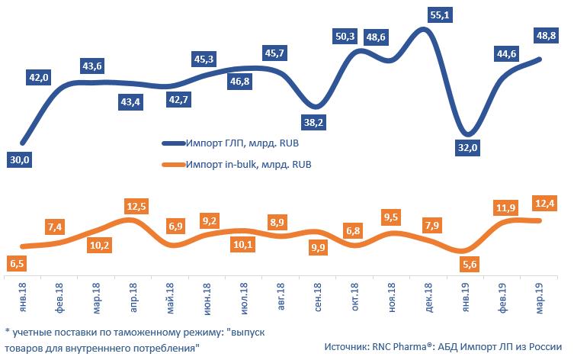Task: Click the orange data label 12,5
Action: (x=136, y=206)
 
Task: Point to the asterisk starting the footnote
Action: (x=7, y=333)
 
